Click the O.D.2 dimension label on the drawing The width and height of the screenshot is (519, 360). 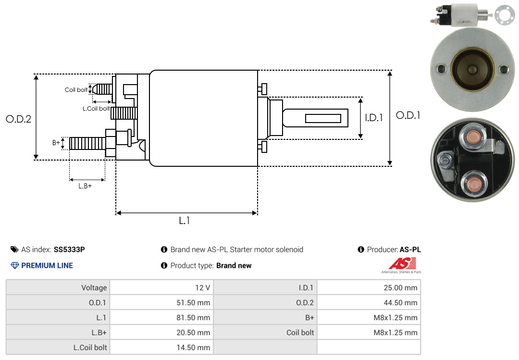(19, 119)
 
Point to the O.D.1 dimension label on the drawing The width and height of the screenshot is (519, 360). (408, 115)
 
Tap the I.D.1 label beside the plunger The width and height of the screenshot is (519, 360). (374, 118)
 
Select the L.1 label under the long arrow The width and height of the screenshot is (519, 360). (185, 221)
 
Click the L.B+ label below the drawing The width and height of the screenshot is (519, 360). (85, 186)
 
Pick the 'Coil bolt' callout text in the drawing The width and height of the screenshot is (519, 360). (76, 90)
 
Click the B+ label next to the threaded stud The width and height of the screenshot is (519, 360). (56, 143)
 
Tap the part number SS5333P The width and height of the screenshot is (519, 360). (69, 249)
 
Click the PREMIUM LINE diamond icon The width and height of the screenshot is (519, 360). (15, 265)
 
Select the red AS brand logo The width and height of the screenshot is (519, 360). (403, 263)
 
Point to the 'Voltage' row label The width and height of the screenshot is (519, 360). (94, 287)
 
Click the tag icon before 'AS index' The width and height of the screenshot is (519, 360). (14, 249)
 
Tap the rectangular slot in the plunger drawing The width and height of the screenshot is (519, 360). (323, 119)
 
